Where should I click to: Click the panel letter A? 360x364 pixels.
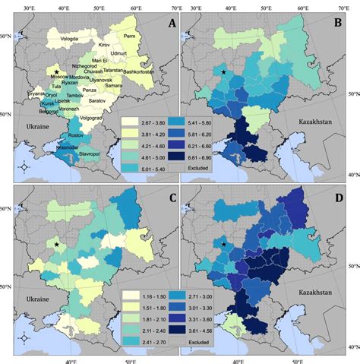171,23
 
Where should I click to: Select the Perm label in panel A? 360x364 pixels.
130,36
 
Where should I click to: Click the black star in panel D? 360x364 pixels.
224,244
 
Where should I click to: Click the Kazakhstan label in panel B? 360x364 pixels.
308,120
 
